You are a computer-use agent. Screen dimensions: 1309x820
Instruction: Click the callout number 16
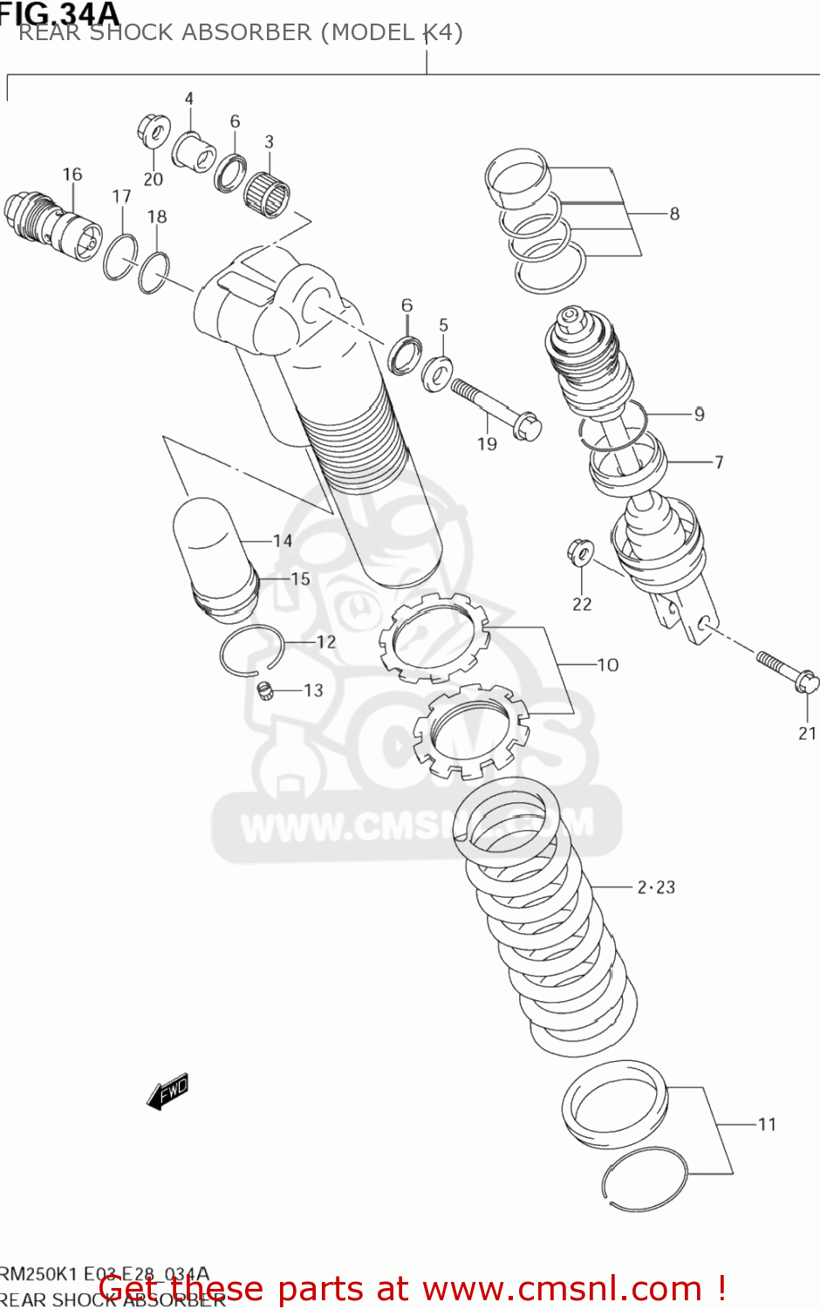(x=72, y=175)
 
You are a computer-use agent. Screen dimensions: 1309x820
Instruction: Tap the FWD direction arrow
(x=167, y=1091)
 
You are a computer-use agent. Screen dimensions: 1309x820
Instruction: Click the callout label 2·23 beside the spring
(x=656, y=888)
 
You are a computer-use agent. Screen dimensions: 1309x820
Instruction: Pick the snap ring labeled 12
(x=250, y=652)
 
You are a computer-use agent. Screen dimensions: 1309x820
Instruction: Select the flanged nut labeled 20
(x=154, y=133)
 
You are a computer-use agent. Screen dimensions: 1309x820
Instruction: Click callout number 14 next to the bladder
(x=283, y=541)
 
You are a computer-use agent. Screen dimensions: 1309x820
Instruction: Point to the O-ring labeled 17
(x=120, y=257)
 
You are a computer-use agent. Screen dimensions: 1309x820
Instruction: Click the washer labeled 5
(x=436, y=373)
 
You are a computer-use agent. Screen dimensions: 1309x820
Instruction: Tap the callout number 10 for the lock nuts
(x=608, y=665)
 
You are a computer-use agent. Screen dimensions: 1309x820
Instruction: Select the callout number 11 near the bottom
(x=767, y=1124)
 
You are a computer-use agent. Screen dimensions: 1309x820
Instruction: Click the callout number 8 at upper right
(x=674, y=214)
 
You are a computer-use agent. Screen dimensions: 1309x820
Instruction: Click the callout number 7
(x=719, y=462)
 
